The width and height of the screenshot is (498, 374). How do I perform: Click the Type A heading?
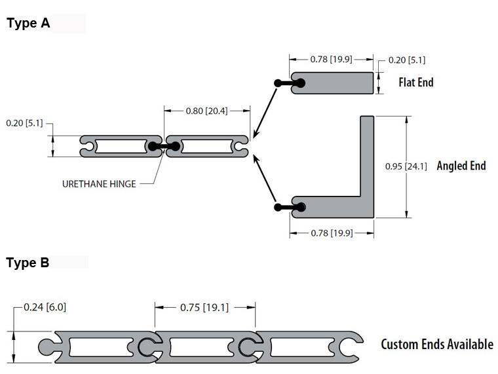coord(28,23)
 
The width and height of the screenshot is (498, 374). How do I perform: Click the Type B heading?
coord(28,263)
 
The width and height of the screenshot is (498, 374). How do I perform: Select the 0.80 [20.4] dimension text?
coord(207,111)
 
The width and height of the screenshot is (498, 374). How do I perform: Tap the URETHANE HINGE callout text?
coord(99,184)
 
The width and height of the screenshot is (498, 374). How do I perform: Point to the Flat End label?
coord(416,83)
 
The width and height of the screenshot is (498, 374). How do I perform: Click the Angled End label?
coord(461,166)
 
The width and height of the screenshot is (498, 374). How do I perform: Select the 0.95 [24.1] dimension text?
coord(406,166)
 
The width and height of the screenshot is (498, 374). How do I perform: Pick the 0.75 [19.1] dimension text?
coord(204,308)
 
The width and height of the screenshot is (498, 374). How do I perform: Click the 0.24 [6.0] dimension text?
coord(45,307)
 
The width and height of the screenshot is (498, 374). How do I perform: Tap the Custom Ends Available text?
coord(437,345)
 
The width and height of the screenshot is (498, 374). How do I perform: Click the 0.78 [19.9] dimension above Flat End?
coord(332,60)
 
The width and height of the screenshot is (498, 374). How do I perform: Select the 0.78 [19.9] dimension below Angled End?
coord(332,233)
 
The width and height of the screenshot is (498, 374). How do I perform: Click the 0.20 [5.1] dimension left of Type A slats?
coord(24,123)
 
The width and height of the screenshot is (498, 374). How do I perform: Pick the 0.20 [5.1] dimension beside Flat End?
coord(407,60)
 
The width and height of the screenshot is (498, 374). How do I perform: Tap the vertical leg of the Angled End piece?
coord(367,156)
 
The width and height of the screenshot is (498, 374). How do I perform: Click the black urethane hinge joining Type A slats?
coord(164,146)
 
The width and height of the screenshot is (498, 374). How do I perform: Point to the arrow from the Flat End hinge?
coord(265,113)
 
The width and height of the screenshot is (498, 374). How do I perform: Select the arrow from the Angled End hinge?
coord(265,179)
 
